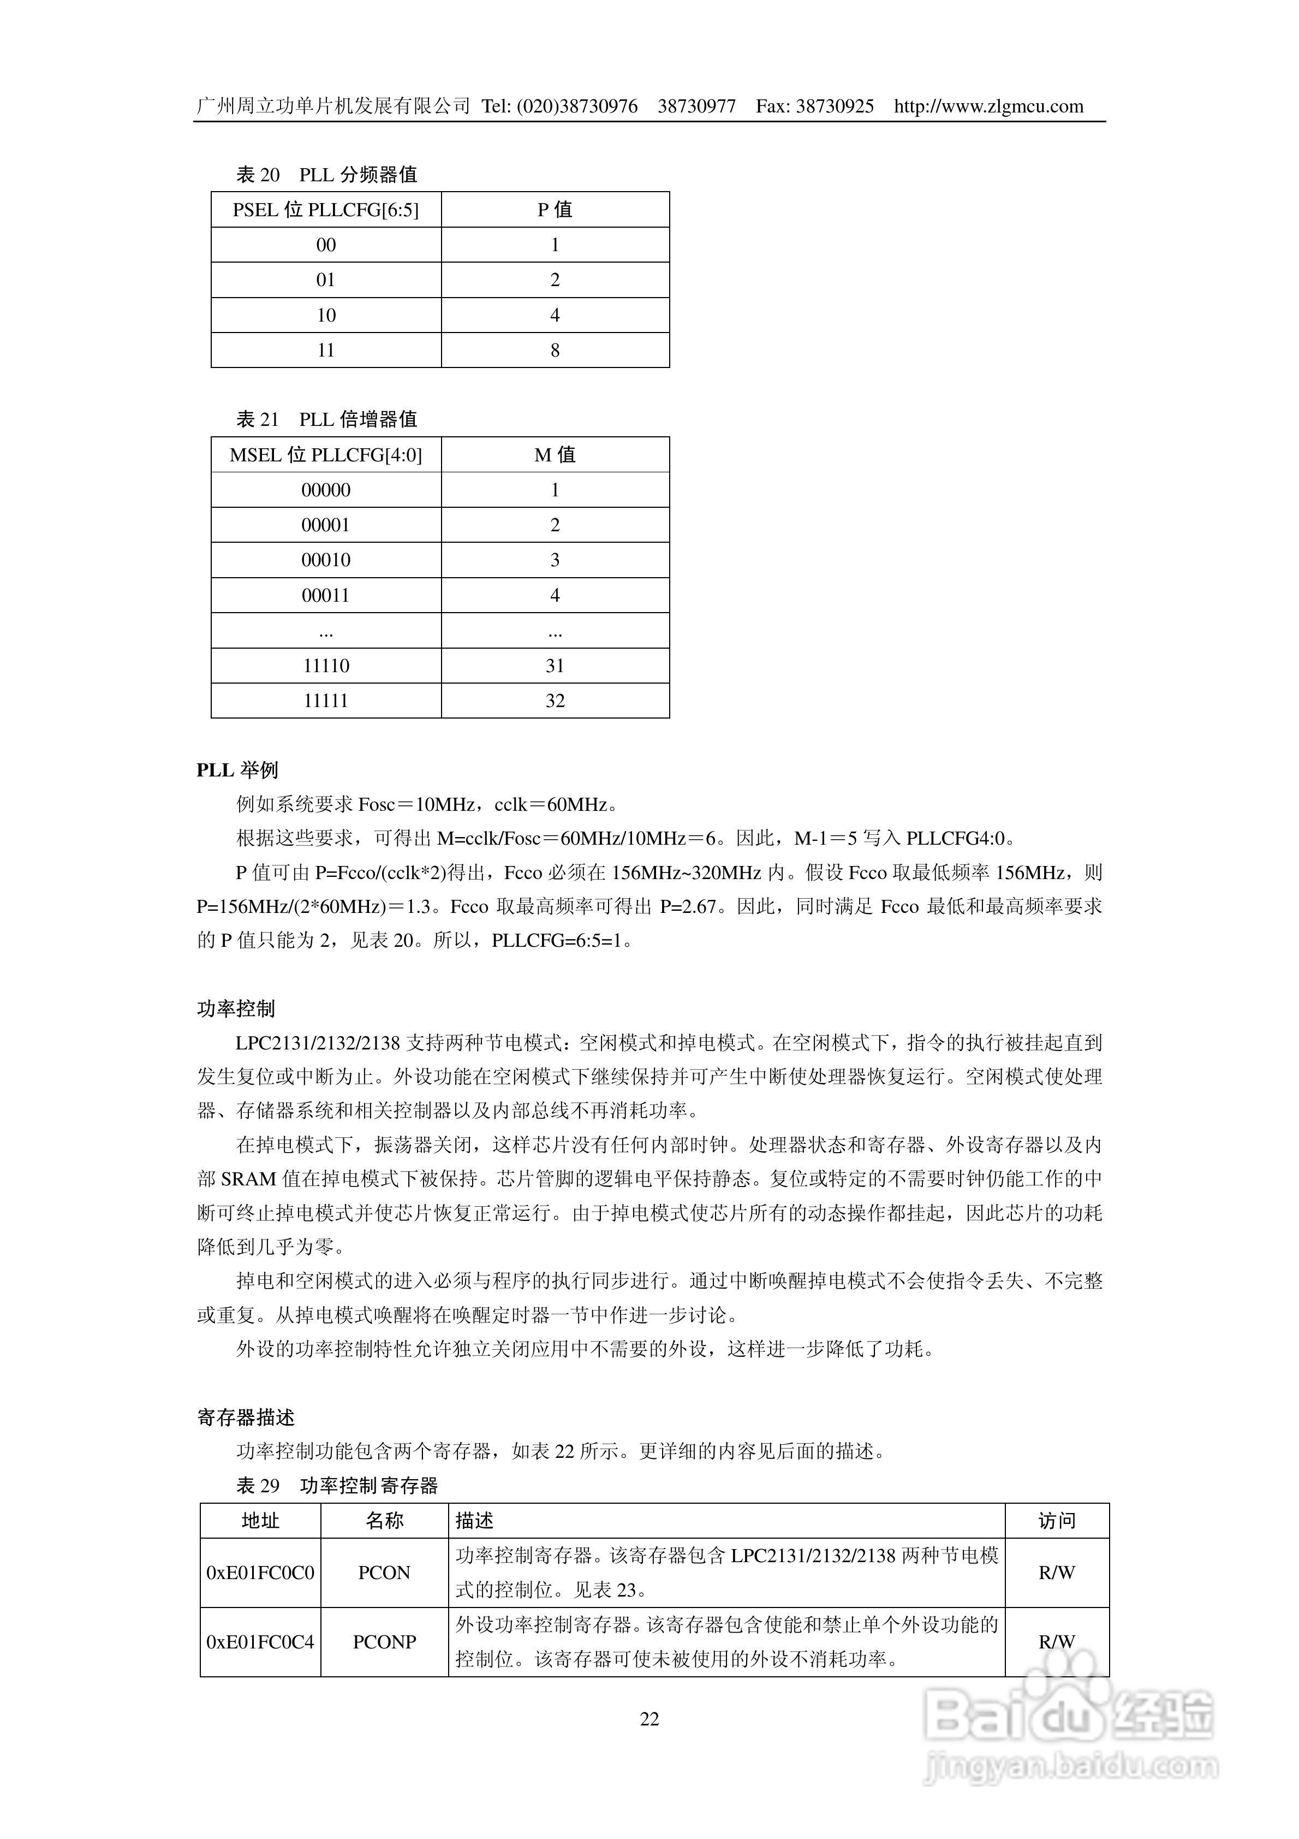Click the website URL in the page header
click(x=988, y=106)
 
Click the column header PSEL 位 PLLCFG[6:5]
click(x=326, y=210)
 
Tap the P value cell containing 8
click(x=555, y=350)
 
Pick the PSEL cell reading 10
click(x=326, y=315)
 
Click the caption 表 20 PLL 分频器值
click(x=327, y=175)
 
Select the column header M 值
click(x=555, y=455)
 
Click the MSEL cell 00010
click(x=326, y=560)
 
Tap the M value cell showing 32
click(x=555, y=701)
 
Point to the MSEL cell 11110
click(x=326, y=666)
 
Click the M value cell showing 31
click(x=555, y=666)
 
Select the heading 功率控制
click(x=236, y=1009)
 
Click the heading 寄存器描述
click(x=246, y=1417)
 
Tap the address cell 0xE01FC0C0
click(x=260, y=1573)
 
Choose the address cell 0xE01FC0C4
click(x=260, y=1642)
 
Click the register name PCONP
click(x=384, y=1642)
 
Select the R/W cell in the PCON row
click(x=1056, y=1573)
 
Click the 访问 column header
click(x=1056, y=1521)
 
